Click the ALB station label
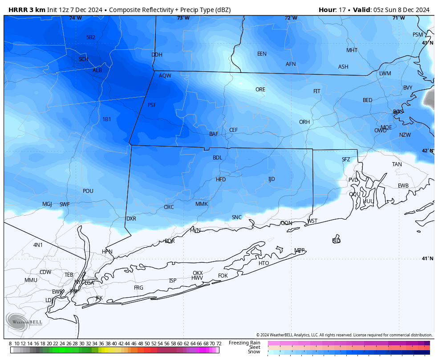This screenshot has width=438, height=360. pyautogui.click(x=97, y=70)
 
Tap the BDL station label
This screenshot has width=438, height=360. pyautogui.click(x=217, y=158)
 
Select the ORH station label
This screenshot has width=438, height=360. pyautogui.click(x=304, y=122)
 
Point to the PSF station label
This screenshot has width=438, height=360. pyautogui.click(x=152, y=105)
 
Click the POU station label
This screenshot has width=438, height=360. pyautogui.click(x=88, y=191)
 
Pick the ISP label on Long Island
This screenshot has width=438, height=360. pyautogui.click(x=173, y=281)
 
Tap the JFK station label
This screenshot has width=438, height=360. pyautogui.click(x=99, y=298)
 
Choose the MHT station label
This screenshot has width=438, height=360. pyautogui.click(x=352, y=50)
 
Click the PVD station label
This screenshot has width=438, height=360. pyautogui.click(x=353, y=180)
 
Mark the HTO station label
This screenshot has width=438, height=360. pyautogui.click(x=264, y=263)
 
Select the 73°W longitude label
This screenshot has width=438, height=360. pyautogui.click(x=183, y=18)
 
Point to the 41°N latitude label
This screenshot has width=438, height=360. pyautogui.click(x=428, y=259)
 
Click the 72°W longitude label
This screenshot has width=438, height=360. pyautogui.click(x=291, y=18)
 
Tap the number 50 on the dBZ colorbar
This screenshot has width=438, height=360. pyautogui.click(x=147, y=344)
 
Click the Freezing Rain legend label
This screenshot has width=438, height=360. pyautogui.click(x=244, y=343)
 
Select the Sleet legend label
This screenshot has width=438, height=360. pyautogui.click(x=254, y=347)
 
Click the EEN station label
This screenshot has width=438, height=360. pyautogui.click(x=262, y=54)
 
